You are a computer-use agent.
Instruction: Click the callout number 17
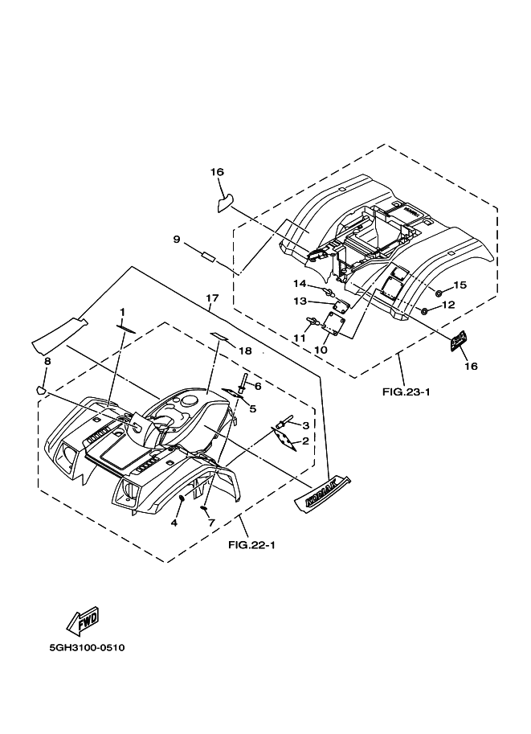point(212,300)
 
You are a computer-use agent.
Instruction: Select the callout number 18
point(245,351)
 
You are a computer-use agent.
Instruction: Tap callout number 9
point(177,239)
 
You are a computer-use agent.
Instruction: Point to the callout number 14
point(299,284)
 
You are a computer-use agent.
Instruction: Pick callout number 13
point(299,301)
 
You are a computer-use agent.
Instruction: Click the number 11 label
point(298,338)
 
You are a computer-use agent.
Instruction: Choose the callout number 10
point(321,350)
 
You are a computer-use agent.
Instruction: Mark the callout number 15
point(460,285)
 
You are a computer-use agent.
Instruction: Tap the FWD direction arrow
point(83,620)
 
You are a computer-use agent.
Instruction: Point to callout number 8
point(47,362)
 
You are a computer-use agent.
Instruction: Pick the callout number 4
point(174,523)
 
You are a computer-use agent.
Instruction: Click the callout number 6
point(258,387)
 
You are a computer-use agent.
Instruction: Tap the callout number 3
point(305,425)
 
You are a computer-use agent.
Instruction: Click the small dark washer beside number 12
point(424,310)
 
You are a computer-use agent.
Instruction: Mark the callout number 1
point(123,312)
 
